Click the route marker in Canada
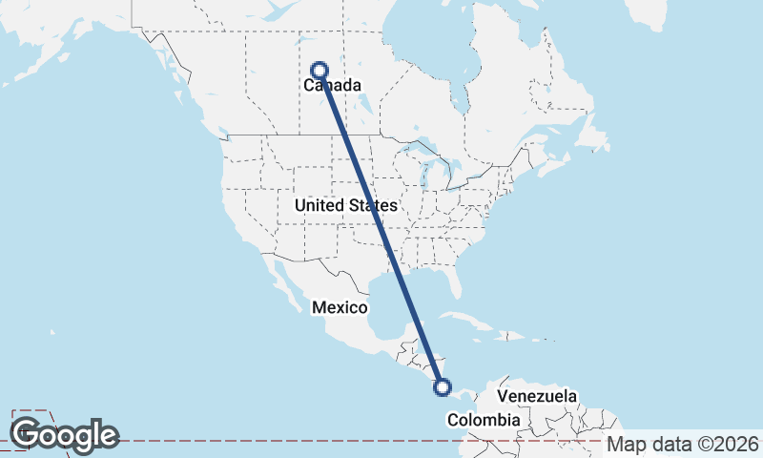tap(320, 70)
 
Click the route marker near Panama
tap(442, 386)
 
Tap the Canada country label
tap(332, 86)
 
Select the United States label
tap(345, 205)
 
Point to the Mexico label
tap(340, 307)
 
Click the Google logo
tap(65, 435)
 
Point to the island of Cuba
tap(467, 318)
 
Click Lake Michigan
tap(425, 171)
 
